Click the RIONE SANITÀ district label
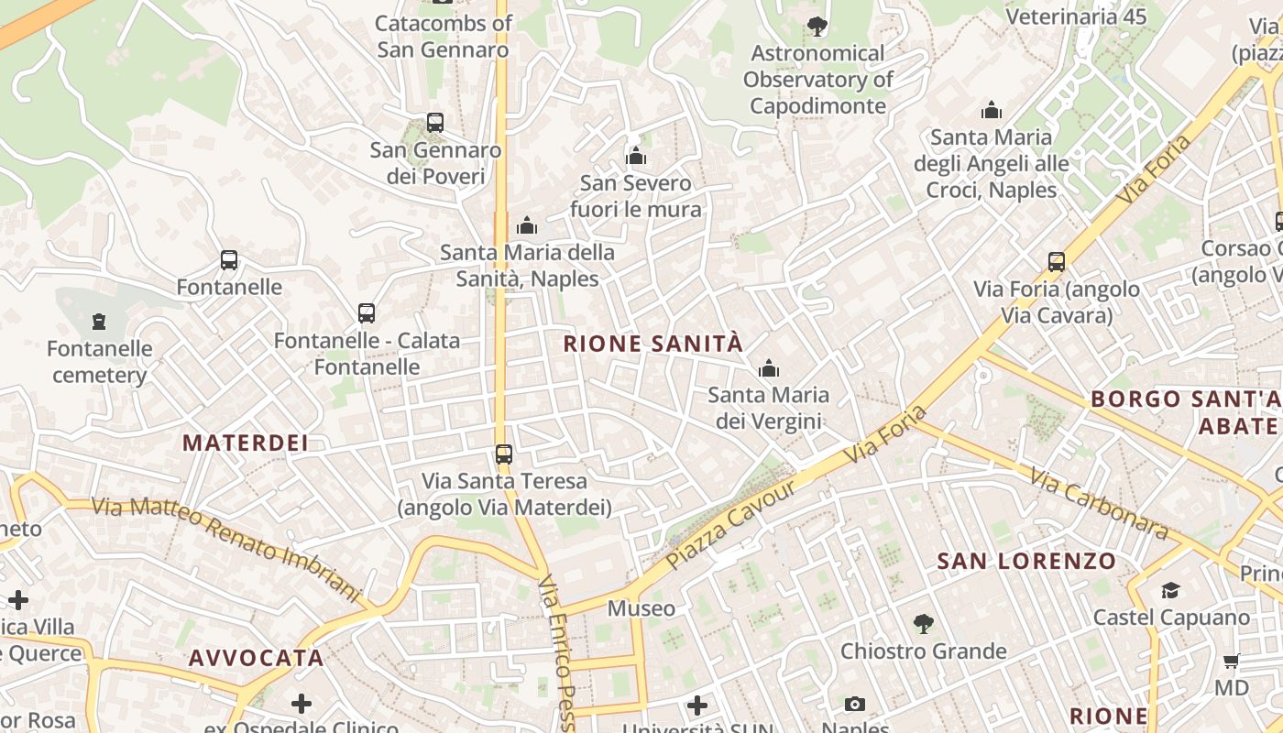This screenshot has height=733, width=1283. [x=652, y=345]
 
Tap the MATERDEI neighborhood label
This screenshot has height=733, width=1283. [x=245, y=443]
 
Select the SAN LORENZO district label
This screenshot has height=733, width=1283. [x=1026, y=562]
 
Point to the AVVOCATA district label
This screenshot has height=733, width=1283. [x=257, y=658]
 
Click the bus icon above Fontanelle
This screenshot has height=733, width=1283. [x=229, y=260]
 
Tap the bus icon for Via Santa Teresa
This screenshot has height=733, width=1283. [x=504, y=454]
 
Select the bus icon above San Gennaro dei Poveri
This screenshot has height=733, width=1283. [x=435, y=123]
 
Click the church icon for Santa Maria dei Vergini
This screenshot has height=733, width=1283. [x=768, y=369]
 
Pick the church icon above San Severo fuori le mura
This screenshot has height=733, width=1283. [x=636, y=157]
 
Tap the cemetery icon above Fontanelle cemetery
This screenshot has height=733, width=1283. [x=99, y=322]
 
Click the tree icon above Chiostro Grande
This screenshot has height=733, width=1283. [x=924, y=624]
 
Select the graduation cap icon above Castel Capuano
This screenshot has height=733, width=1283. [x=1171, y=590]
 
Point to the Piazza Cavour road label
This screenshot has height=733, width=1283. [x=730, y=523]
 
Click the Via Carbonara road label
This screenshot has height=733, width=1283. [x=1098, y=503]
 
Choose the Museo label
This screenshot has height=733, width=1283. [x=641, y=608]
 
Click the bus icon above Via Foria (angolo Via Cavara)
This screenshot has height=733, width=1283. [x=1057, y=262]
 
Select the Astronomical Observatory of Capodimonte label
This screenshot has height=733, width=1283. [x=817, y=80]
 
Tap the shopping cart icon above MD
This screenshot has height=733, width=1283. [x=1232, y=661]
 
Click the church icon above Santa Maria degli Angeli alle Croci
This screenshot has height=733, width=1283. [x=992, y=111]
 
